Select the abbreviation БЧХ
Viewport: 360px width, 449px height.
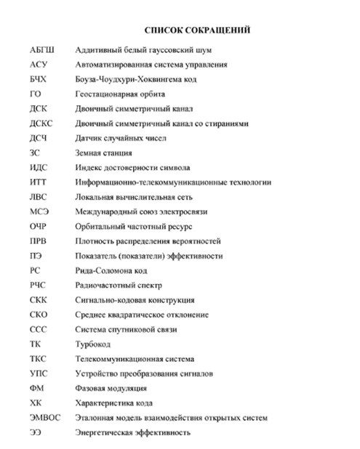[x=39, y=79]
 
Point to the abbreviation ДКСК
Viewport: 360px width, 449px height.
[x=42, y=124]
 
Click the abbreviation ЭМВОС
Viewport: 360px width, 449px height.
[x=45, y=418]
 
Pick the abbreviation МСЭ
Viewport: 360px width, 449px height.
[x=39, y=211]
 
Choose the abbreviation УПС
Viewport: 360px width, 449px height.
[x=39, y=373]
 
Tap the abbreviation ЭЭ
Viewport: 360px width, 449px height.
[x=36, y=432]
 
